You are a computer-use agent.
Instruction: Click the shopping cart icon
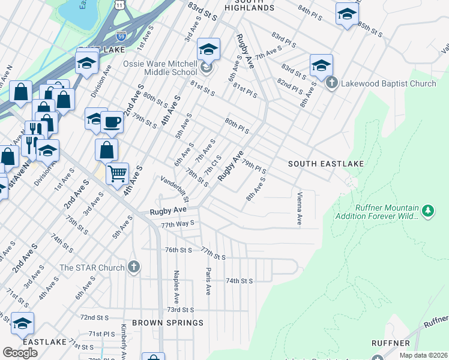pos(118,173)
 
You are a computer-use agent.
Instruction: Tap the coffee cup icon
pos(112,122)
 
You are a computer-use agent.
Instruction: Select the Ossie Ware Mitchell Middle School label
pos(160,68)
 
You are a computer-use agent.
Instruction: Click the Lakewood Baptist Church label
pos(388,83)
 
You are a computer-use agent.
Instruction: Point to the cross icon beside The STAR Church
pos(133,267)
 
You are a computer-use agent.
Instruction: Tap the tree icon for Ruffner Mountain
pos(427,211)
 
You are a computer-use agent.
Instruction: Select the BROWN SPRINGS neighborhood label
pos(167,323)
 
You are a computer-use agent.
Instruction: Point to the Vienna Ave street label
pos(299,209)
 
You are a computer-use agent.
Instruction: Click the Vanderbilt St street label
pos(175,188)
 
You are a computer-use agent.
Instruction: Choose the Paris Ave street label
pos(208,281)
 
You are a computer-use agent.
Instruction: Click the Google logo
pos(20,353)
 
